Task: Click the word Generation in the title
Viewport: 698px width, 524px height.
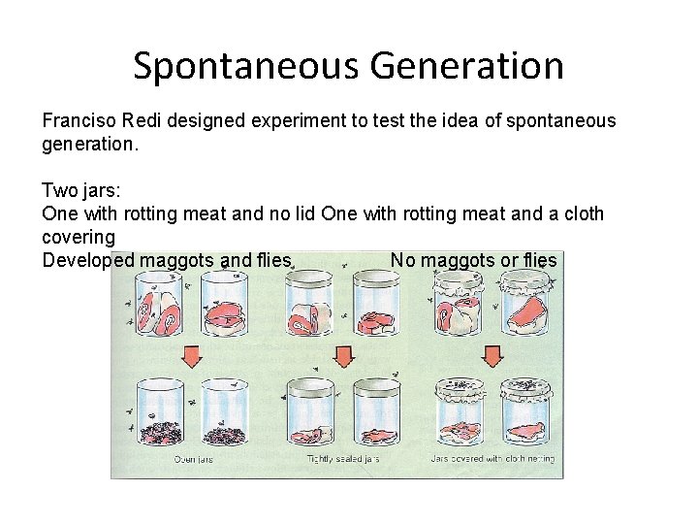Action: pos(466,67)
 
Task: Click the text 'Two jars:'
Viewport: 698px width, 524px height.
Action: pos(81,190)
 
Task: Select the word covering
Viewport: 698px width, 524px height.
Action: pos(79,237)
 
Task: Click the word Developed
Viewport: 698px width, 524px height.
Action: pos(88,260)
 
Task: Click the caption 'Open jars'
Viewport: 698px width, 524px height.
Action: pos(194,459)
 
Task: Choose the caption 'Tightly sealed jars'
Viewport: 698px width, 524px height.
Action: pos(342,459)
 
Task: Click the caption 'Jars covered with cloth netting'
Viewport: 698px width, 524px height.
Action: pos(493,459)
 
